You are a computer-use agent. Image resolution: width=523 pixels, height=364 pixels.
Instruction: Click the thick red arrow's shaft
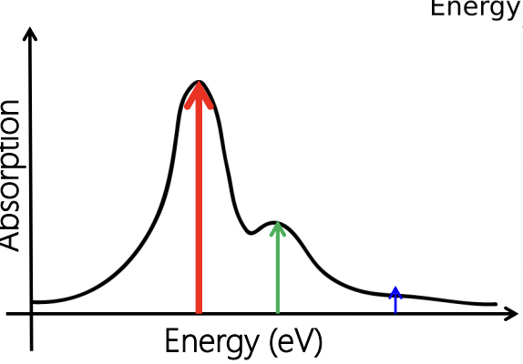coord(199,209)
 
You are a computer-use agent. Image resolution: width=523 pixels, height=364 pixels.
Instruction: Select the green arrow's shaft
coord(278,273)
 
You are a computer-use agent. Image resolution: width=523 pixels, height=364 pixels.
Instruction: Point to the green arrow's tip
coord(278,227)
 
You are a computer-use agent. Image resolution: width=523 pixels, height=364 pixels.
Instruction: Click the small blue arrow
coord(395,298)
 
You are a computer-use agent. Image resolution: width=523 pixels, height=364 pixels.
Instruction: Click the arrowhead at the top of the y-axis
coord(32,36)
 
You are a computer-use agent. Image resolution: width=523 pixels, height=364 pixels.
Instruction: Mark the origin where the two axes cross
coord(33,314)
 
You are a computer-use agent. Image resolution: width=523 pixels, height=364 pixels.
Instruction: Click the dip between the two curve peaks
coord(252,232)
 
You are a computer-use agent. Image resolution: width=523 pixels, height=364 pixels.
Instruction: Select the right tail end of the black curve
coord(495,304)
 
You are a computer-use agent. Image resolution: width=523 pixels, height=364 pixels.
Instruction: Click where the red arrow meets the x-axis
coord(199,314)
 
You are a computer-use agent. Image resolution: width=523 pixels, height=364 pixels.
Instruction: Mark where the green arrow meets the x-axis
coord(278,314)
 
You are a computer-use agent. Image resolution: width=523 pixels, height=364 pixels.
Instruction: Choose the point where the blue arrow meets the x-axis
coord(395,314)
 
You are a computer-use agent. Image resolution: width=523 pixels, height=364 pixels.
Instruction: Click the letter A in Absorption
coord(12,239)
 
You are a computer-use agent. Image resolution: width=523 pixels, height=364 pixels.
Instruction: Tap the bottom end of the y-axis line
coord(33,348)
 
